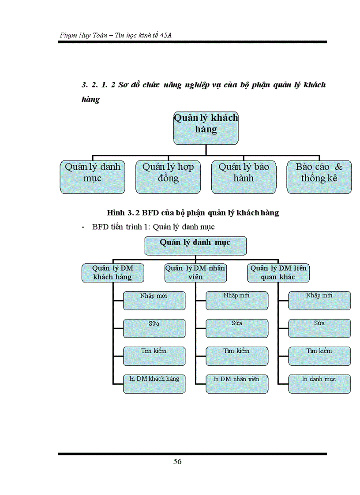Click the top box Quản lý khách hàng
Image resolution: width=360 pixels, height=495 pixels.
206,128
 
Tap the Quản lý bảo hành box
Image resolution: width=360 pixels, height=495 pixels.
244,177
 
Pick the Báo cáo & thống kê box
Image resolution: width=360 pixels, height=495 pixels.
319,177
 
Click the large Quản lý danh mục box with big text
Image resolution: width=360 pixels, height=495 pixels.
92,177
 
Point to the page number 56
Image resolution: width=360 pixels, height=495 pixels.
177,462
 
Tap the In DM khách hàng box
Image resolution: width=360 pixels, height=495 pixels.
154,383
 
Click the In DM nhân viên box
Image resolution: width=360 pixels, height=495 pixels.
236,383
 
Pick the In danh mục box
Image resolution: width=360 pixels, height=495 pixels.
319,383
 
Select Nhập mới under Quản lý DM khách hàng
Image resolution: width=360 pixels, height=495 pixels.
154,300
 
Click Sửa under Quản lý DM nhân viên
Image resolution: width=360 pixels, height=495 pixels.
236,328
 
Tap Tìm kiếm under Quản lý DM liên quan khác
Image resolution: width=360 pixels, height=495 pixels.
319,356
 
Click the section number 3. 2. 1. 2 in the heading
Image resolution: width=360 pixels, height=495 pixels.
98,85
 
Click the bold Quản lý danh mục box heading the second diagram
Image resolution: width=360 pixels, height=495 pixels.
195,246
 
